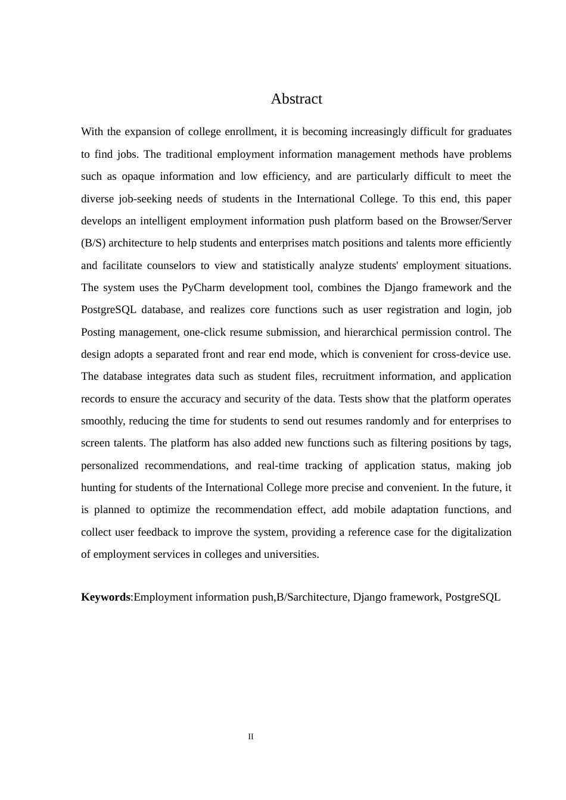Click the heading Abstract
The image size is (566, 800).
[x=296, y=99]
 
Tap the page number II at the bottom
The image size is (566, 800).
[x=251, y=737]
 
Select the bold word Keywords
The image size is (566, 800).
[x=105, y=597]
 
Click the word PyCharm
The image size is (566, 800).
[x=203, y=287]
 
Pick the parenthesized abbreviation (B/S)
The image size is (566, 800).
[x=93, y=243]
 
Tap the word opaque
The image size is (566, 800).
[x=138, y=176]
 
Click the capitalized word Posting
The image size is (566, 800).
[x=98, y=332]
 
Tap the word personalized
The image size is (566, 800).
[x=110, y=465]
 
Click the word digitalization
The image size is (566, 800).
[x=481, y=532]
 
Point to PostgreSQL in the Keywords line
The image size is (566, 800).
[x=472, y=597]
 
